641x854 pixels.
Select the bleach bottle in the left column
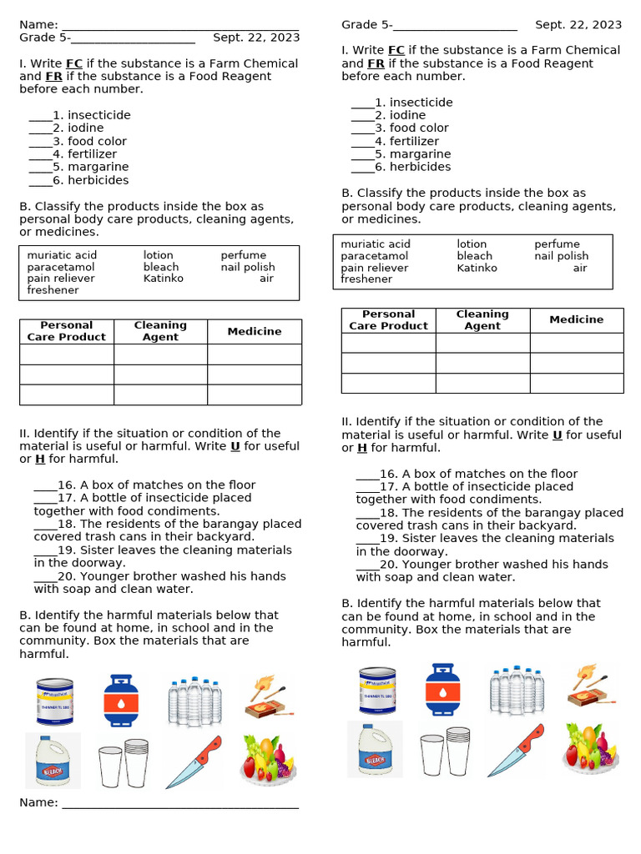tap(53, 760)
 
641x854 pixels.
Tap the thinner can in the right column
tap(376, 691)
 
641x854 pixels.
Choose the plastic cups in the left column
tap(123, 762)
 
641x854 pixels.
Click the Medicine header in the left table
tap(255, 331)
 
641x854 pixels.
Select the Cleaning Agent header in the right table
tap(482, 320)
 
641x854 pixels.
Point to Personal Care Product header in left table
tap(67, 331)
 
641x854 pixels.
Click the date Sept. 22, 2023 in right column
tap(578, 25)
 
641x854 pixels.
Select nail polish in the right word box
tap(561, 256)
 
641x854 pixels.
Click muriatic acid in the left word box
tap(62, 255)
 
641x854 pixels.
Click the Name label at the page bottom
tap(38, 802)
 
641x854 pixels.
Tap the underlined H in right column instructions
tap(362, 448)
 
